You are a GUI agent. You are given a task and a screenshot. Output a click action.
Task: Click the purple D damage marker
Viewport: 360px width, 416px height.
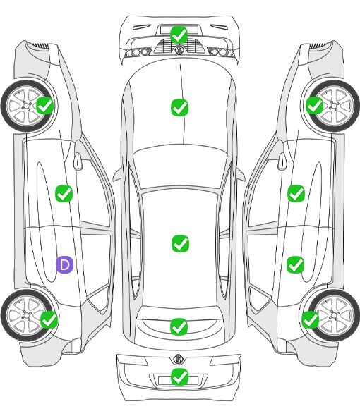pyautogui.click(x=64, y=264)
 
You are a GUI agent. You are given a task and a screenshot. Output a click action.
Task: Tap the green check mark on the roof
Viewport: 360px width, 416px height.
pyautogui.click(x=181, y=244)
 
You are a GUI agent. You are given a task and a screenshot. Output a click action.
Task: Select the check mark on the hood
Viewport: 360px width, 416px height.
pyautogui.click(x=179, y=107)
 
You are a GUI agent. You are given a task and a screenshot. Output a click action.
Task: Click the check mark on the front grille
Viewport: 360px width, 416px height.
pyautogui.click(x=179, y=35)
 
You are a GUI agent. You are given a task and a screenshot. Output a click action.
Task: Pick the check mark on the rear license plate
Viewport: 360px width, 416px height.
pyautogui.click(x=179, y=377)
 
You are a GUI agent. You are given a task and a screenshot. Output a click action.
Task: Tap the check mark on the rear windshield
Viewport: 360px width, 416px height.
pyautogui.click(x=179, y=326)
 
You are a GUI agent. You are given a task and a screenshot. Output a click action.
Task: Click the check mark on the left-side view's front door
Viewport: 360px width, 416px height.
pyautogui.click(x=64, y=193)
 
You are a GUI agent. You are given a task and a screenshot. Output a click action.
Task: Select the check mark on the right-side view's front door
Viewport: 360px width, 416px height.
pyautogui.click(x=296, y=193)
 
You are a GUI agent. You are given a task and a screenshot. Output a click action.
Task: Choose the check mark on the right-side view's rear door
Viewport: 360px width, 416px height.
pyautogui.click(x=295, y=264)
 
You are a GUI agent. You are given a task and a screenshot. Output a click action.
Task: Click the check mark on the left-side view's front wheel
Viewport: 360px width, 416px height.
pyautogui.click(x=45, y=105)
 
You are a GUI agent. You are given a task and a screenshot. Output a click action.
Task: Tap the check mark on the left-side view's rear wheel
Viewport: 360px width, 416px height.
pyautogui.click(x=49, y=319)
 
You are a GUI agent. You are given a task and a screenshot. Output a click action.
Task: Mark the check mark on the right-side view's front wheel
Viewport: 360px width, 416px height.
pyautogui.click(x=314, y=105)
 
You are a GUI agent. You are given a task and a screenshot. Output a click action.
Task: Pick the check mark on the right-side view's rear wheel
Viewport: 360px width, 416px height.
pyautogui.click(x=310, y=319)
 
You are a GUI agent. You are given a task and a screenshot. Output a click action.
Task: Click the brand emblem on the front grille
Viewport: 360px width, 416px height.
pyautogui.click(x=179, y=50)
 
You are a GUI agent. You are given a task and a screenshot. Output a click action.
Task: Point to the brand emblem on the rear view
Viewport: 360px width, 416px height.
pyautogui.click(x=179, y=359)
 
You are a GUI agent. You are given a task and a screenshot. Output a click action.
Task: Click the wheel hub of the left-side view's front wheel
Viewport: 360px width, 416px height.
pyautogui.click(x=27, y=106)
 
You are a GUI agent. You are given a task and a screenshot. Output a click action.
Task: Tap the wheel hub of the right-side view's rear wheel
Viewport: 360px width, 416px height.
pyautogui.click(x=333, y=315)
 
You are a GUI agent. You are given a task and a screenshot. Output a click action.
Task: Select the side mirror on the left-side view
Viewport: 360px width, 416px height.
pyautogui.click(x=78, y=161)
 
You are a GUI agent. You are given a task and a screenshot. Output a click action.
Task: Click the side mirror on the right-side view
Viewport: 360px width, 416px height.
pyautogui.click(x=282, y=161)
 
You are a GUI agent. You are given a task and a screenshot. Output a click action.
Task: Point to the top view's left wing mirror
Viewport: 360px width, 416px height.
pyautogui.click(x=117, y=175)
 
